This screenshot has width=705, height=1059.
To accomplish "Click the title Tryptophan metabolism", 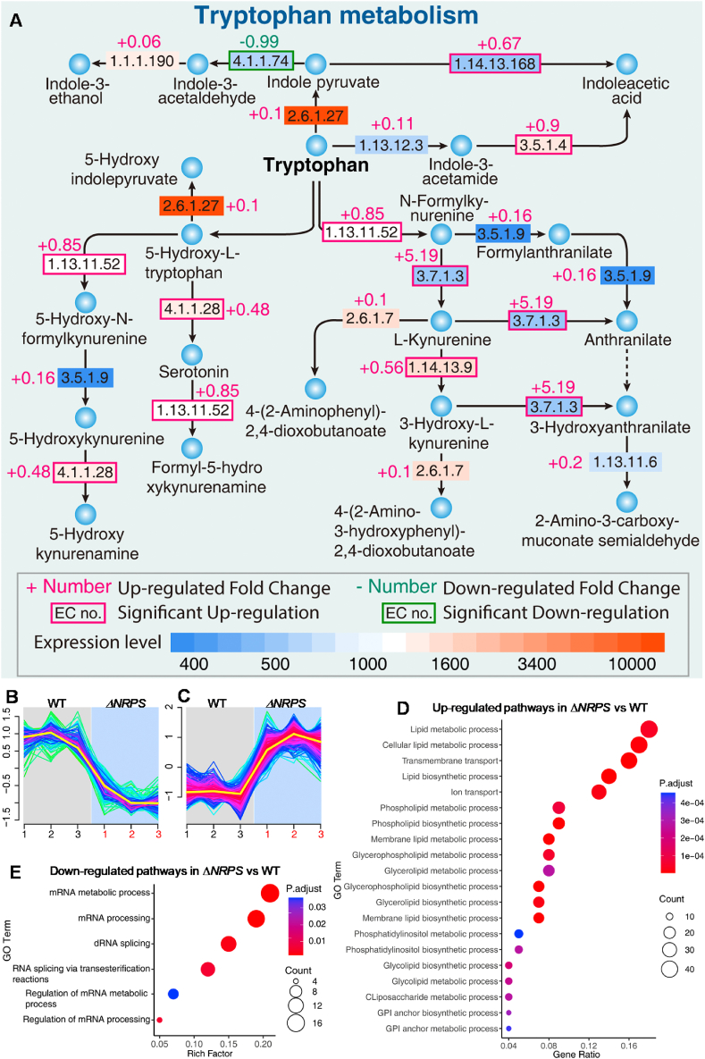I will click(x=351, y=15).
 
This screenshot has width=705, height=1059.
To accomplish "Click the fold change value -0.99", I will click(x=256, y=41).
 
